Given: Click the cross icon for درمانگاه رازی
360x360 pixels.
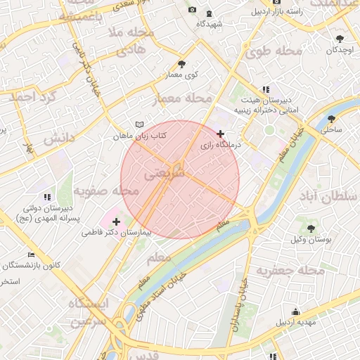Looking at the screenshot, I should pos(221,134).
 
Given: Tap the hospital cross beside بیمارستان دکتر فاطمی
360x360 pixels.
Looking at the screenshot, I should pos(117,222).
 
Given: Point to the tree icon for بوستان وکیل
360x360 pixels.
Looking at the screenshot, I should pos(310,228).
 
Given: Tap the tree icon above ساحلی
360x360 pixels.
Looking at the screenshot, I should pos(330,118).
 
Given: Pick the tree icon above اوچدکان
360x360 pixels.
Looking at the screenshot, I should pos(340,39).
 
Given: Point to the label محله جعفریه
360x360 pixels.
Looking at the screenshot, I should pos(290,271).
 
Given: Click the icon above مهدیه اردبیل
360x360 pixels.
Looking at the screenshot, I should pos(295,311).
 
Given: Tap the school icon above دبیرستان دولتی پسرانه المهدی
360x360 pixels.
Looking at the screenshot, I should pos(47,198).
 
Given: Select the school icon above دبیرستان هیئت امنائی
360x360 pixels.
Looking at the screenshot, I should pos(266,89).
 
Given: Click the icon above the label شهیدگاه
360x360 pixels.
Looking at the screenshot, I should pos(210,13).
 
